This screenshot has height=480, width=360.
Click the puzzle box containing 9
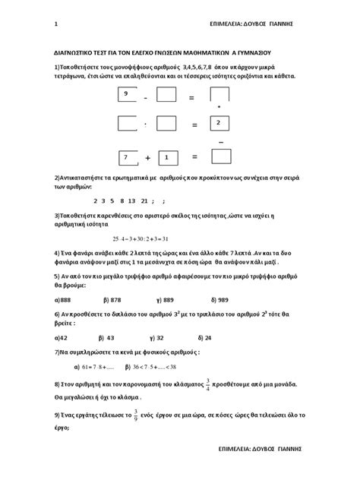[128, 95]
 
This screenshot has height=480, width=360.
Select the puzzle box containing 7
[128, 157]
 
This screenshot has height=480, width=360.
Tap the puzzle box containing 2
[220, 123]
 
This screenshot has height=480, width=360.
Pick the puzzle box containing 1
[166, 157]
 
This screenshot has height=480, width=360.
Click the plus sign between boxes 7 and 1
[148, 158]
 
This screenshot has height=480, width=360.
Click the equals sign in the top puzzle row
[192, 97]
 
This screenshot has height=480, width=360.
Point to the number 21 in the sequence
[144, 201]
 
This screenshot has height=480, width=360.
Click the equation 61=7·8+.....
[81, 367]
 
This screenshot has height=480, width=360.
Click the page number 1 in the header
[57, 23]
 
